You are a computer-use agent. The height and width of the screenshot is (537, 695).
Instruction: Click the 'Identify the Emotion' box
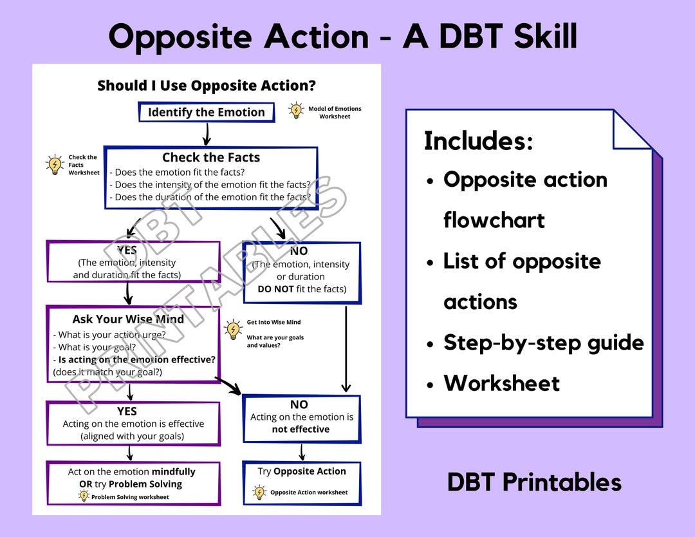[206, 112]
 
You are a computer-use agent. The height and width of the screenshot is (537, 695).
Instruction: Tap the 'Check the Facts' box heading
[211, 157]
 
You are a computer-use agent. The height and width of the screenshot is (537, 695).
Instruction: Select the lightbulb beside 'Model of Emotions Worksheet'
[295, 110]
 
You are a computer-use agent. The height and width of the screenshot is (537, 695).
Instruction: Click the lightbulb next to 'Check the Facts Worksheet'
[55, 165]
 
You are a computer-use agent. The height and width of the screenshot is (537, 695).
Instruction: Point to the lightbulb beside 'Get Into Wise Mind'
[233, 330]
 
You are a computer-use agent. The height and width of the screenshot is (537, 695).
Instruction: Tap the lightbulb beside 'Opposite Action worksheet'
[259, 492]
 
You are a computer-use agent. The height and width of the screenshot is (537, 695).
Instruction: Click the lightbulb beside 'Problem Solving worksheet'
[84, 496]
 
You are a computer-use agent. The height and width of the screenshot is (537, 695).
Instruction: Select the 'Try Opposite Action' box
[302, 484]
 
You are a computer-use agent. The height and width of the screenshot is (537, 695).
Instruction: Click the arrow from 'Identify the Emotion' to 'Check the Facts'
[207, 134]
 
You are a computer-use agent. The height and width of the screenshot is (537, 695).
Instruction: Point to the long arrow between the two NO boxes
[346, 349]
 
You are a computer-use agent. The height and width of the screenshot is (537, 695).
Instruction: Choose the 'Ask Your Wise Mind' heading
[128, 319]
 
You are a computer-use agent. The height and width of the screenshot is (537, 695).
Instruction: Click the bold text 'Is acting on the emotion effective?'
[137, 360]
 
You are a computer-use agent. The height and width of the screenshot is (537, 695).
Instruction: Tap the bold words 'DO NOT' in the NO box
[275, 289]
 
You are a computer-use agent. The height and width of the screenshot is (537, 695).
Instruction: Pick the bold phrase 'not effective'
[301, 429]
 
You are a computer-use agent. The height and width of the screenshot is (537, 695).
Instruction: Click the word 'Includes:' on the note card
[479, 141]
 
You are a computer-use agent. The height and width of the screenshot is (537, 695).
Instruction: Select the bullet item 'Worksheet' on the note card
[502, 383]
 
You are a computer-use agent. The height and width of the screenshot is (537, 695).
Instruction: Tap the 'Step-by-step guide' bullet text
[544, 343]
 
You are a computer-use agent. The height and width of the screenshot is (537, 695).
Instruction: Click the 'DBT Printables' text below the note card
[535, 482]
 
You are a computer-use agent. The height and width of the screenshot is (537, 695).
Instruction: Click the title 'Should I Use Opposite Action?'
[207, 85]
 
